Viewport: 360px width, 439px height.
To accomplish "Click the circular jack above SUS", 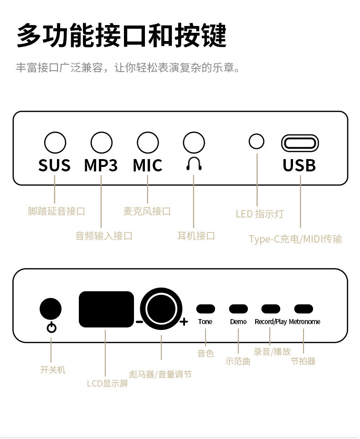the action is click(x=55, y=143).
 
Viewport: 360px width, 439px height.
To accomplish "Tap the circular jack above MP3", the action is click(x=101, y=143).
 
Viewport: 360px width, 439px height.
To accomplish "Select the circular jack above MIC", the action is click(x=148, y=143).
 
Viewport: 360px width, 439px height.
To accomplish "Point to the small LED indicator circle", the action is click(x=257, y=141).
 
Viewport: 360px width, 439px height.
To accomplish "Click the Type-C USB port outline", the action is click(x=300, y=143).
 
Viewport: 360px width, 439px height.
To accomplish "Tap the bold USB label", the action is click(x=299, y=165).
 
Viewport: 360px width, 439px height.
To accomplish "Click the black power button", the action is click(x=51, y=309).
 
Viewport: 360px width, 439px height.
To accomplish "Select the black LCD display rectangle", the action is click(x=107, y=310).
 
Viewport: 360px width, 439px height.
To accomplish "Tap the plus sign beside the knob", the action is click(x=184, y=322).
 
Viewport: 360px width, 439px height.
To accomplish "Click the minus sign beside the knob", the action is click(x=139, y=322).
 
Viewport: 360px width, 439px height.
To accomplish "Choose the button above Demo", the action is click(x=238, y=309).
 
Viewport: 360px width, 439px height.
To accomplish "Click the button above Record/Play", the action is click(x=271, y=309).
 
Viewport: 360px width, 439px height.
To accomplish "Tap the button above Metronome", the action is click(x=303, y=309).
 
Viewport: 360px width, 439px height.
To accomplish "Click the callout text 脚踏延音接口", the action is click(x=57, y=211).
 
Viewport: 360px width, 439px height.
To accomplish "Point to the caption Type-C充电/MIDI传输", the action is click(x=295, y=239).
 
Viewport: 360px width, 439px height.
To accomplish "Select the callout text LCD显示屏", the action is click(x=108, y=383).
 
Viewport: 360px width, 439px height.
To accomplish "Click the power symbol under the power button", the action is click(x=52, y=328).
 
